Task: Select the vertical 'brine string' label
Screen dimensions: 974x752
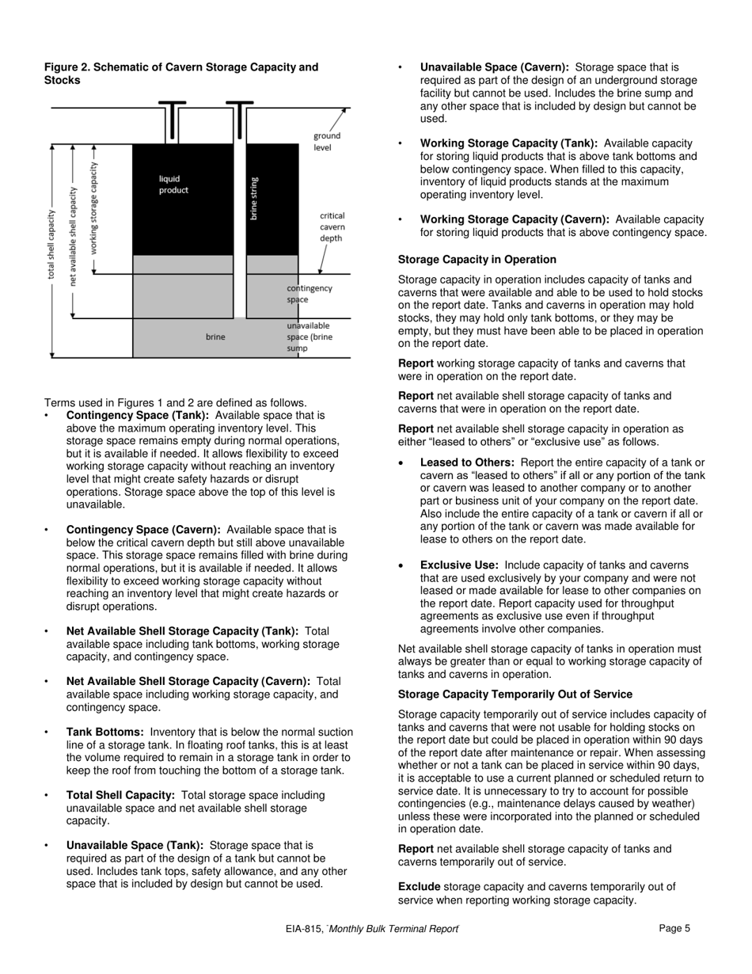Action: tap(254, 197)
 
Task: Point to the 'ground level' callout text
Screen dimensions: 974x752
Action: tap(326, 142)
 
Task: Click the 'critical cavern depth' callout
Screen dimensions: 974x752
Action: tap(332, 226)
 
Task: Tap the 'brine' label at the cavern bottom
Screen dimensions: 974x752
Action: tap(215, 337)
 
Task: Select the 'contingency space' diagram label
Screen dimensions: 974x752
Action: tap(309, 294)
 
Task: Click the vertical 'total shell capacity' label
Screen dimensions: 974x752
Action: tap(52, 244)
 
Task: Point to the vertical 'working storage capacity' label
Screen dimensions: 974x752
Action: tap(94, 207)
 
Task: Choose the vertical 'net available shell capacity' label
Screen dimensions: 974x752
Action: tap(74, 235)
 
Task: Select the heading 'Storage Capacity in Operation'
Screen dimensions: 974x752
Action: tap(477, 260)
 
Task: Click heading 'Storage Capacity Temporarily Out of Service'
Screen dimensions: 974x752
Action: tap(515, 694)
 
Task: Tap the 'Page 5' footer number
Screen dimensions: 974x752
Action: tap(674, 929)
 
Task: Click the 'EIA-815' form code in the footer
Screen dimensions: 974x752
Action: tap(304, 930)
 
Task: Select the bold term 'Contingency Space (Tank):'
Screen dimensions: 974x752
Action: tap(138, 415)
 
